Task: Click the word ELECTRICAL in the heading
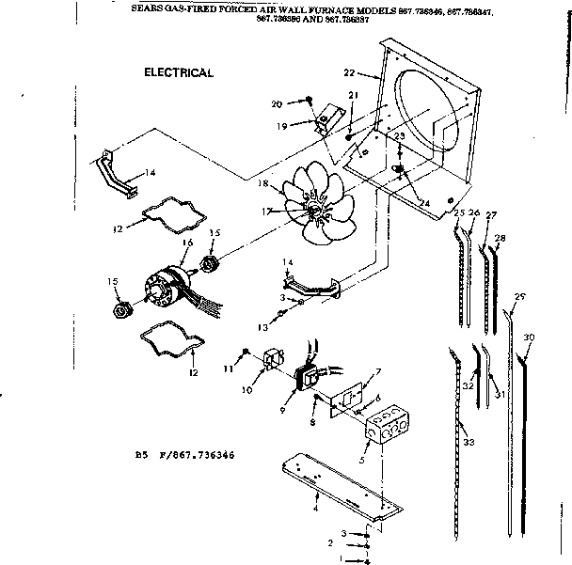(178, 71)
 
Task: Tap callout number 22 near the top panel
(349, 72)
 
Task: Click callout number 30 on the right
(529, 337)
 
